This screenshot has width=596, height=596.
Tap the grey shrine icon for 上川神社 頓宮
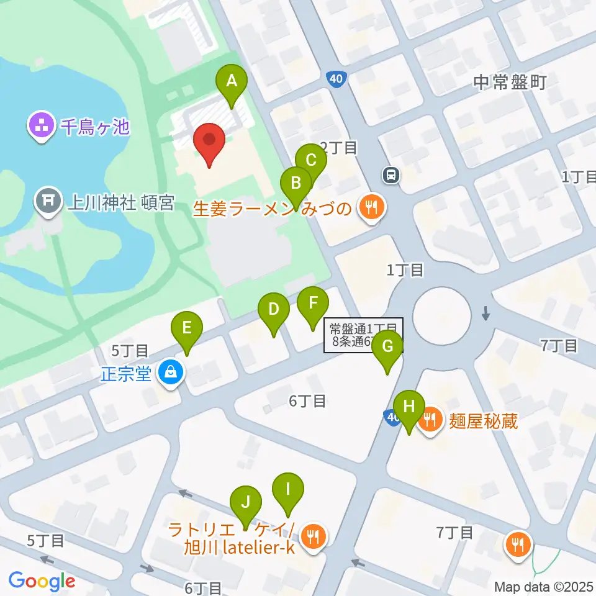pyautogui.click(x=48, y=202)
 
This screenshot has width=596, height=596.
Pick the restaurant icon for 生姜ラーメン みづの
pyautogui.click(x=371, y=207)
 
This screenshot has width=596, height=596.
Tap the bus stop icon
pyautogui.click(x=391, y=176)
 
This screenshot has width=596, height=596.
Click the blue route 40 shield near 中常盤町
pyautogui.click(x=335, y=79)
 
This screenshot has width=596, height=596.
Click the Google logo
pyautogui.click(x=42, y=580)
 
